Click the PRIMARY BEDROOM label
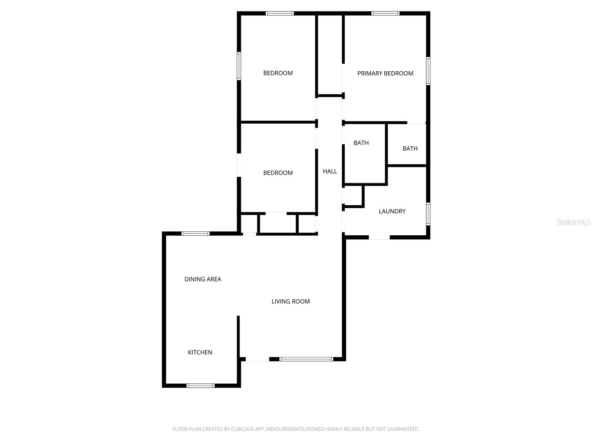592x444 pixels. pos(385,73)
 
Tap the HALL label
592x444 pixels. pos(330,171)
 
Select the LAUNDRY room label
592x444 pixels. pos(392,211)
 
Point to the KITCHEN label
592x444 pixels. pos(200,352)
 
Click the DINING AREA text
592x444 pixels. pos(203,279)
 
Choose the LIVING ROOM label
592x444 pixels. pos(290,302)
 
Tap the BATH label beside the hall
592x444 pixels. pos(361,143)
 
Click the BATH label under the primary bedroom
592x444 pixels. pos(410,148)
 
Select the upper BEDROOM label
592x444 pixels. pos(278,73)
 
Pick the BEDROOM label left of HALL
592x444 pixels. pos(278,173)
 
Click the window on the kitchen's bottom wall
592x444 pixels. pos(200,386)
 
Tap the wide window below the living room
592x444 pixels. pos(306,359)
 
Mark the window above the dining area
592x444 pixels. pos(195,233)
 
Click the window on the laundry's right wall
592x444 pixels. pos(428,214)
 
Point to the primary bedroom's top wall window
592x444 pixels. pos(385,14)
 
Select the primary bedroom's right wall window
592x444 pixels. pos(428,71)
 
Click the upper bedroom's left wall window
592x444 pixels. pos(239,66)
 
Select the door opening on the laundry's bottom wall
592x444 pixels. pos(379,237)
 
